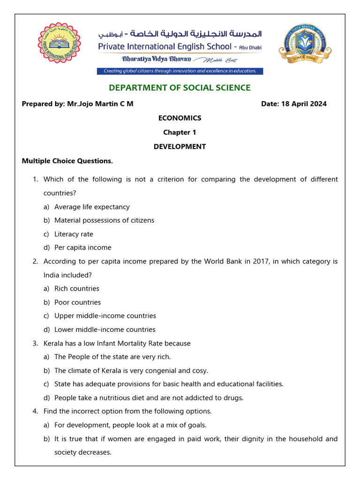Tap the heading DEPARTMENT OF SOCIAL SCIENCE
point(180,88)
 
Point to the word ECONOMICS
point(180,118)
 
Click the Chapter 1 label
point(180,132)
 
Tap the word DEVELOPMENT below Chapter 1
point(180,146)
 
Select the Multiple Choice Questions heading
point(67,161)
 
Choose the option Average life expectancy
point(92,207)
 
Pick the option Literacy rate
point(74,234)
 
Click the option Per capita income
point(82,247)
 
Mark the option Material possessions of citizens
point(104,220)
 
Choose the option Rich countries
point(77,288)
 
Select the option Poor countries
point(77,302)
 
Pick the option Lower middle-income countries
point(105,330)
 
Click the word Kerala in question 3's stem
point(53,343)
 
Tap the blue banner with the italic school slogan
point(180,71)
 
